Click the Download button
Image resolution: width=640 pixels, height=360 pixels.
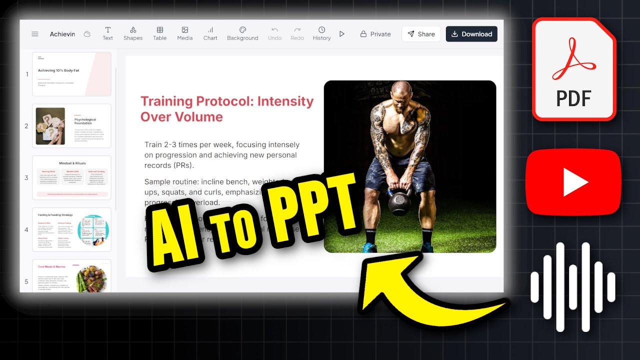coord(471,34)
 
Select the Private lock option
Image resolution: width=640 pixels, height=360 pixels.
coord(375,34)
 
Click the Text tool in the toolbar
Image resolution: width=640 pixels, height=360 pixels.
coord(107,33)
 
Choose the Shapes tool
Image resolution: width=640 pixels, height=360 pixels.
coord(133,33)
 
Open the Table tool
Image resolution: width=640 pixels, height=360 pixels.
coord(159,33)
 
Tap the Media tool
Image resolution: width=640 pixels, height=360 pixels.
coord(184,33)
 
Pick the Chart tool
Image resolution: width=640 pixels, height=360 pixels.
coord(210,33)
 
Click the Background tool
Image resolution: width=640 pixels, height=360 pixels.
coord(242,33)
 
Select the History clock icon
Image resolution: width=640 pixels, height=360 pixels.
coord(321,30)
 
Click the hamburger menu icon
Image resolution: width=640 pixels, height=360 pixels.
coord(35,34)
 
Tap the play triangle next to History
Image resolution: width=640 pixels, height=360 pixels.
coord(342,34)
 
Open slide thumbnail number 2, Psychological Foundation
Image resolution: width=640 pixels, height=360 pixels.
coord(71,126)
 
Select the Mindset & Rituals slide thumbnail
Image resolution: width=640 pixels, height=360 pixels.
coord(71,177)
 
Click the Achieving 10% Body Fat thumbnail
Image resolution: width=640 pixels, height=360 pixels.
coord(71,74)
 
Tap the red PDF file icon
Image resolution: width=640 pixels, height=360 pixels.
coord(574,70)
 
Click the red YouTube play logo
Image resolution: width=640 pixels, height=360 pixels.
coord(573,182)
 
